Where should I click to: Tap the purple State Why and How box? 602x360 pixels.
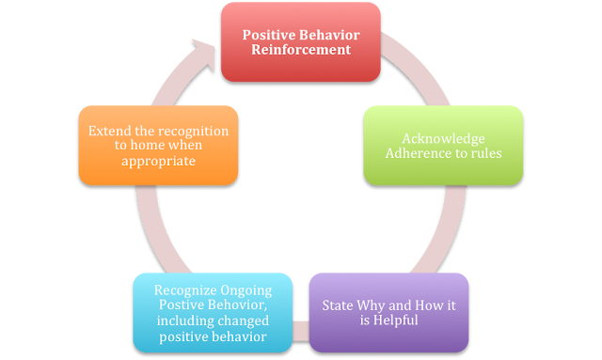point(388,313)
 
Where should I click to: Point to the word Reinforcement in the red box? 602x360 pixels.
point(300,50)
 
